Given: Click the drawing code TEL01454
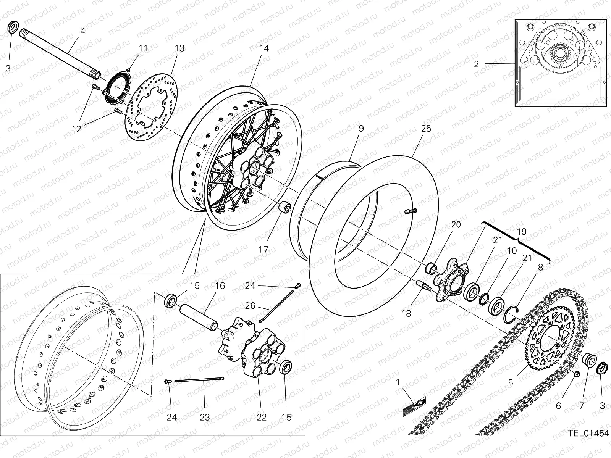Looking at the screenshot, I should click(x=588, y=433).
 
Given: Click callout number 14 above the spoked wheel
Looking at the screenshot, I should click(x=264, y=48).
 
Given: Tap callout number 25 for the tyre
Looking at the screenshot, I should click(x=426, y=129).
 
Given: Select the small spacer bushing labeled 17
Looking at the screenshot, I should click(x=285, y=208).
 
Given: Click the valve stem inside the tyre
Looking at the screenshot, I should click(x=411, y=210).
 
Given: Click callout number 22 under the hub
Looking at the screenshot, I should click(x=262, y=417).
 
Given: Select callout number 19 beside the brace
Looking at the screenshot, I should click(x=522, y=232).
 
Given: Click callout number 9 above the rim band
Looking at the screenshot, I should click(x=361, y=129).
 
